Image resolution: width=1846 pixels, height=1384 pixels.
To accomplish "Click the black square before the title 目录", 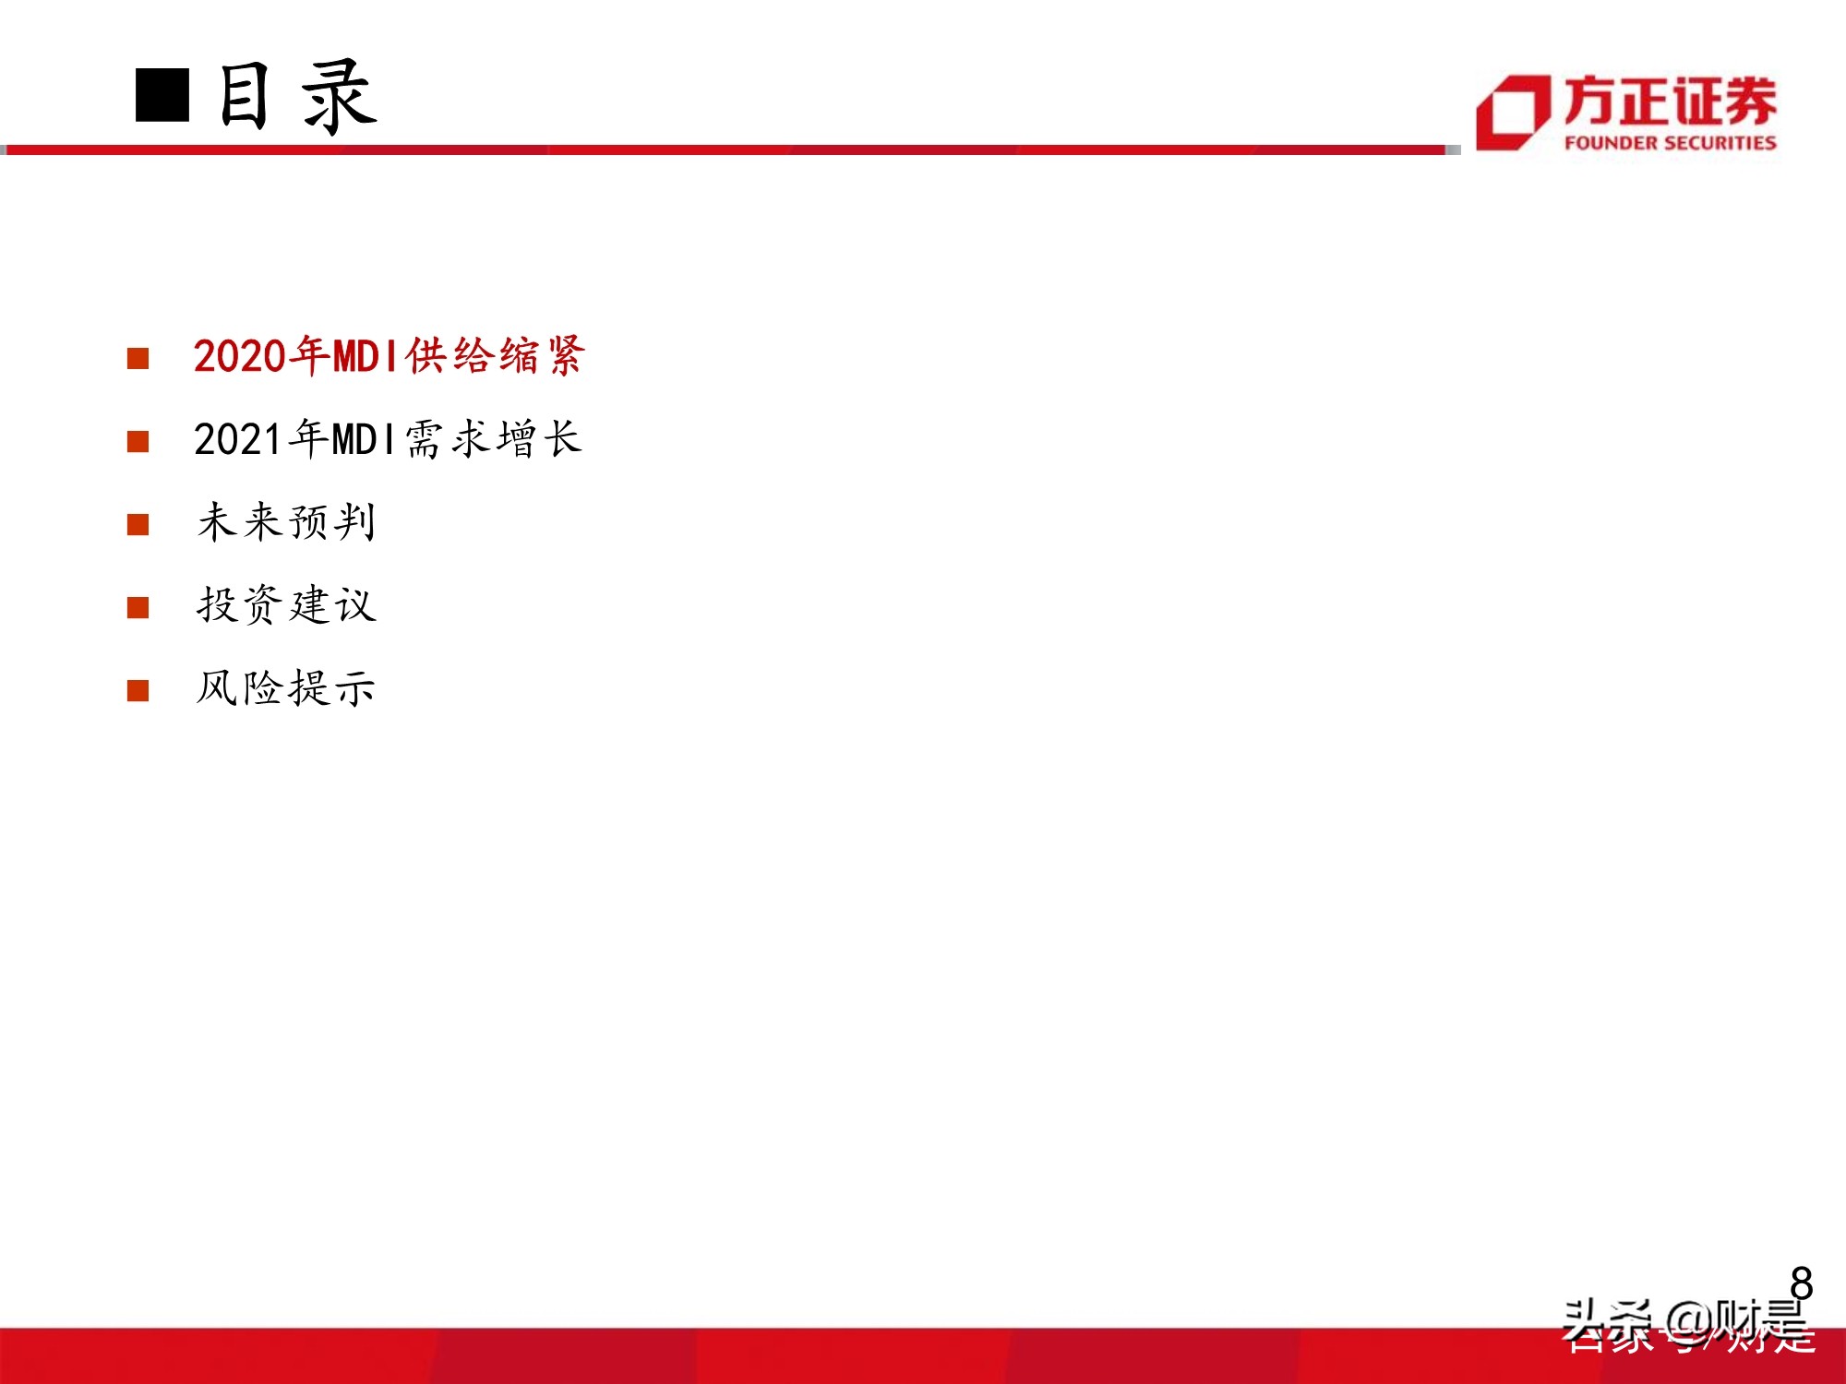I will [162, 95].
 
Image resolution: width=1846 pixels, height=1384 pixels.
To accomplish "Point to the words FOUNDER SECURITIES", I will [1670, 143].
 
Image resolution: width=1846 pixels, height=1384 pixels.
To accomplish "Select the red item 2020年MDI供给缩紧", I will [389, 356].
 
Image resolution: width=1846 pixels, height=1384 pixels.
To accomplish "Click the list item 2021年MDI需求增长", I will [388, 439].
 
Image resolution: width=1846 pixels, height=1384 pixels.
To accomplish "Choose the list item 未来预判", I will [286, 522].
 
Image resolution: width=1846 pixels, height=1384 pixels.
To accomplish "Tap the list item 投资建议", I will [286, 605].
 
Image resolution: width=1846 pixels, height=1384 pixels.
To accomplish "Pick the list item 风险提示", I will [286, 688].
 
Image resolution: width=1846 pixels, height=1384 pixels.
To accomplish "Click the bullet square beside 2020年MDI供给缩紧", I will [138, 358].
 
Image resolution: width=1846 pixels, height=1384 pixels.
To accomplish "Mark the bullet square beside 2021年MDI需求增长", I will [138, 441].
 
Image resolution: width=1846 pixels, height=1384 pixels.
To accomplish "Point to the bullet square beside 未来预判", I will [138, 524].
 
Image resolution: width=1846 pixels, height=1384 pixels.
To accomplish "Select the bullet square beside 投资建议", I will [138, 607].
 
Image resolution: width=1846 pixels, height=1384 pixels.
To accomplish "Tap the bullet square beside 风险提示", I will [138, 690].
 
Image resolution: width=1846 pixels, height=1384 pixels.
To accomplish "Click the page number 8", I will [1801, 1283].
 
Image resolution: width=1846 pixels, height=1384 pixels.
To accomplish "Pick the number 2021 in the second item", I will [238, 440].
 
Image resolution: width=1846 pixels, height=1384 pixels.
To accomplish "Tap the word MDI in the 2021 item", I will [363, 440].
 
